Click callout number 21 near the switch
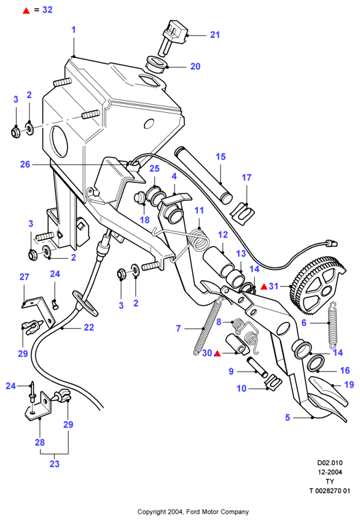tap(215, 35)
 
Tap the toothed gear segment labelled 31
tap(317, 288)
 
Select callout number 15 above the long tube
tap(221, 157)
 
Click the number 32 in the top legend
tap(47, 9)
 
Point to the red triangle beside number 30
tap(217, 354)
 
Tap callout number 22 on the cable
tap(89, 328)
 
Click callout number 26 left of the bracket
tap(25, 165)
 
